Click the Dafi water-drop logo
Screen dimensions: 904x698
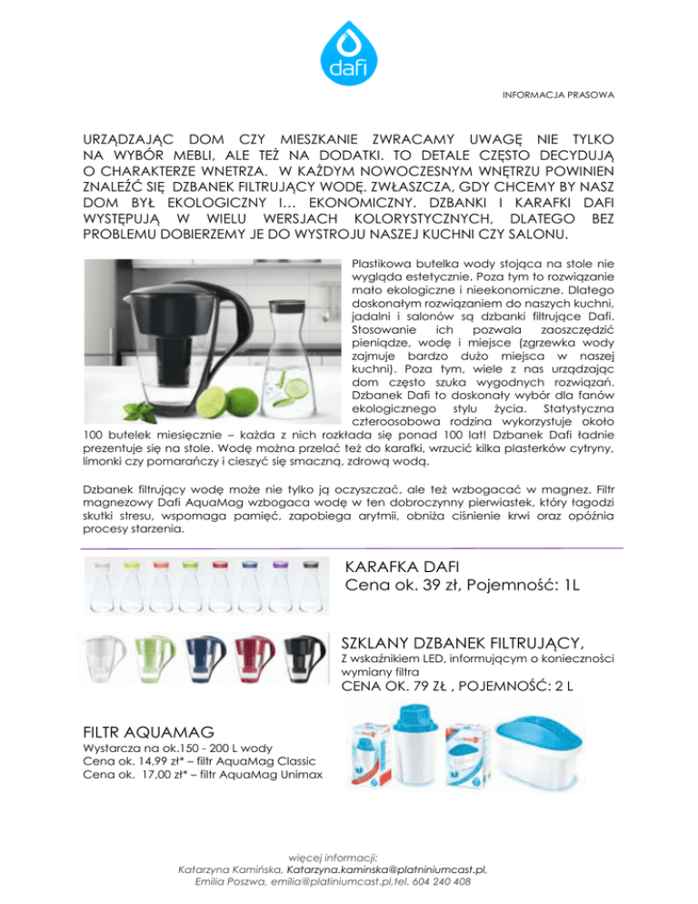click(x=348, y=53)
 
